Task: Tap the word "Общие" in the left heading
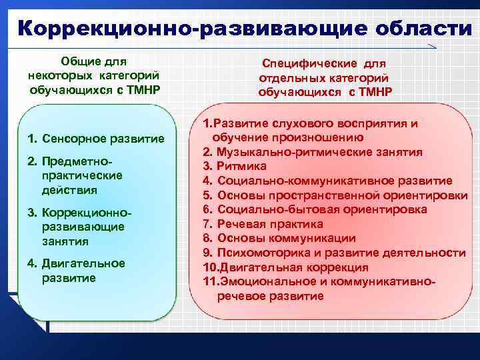(x=79, y=61)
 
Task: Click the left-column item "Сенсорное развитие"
(x=103, y=139)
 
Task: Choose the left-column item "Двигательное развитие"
(x=83, y=270)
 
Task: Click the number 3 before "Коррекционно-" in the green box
(x=31, y=212)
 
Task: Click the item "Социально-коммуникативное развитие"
(x=334, y=181)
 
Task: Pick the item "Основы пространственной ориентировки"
(x=341, y=195)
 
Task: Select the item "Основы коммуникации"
(x=286, y=238)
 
